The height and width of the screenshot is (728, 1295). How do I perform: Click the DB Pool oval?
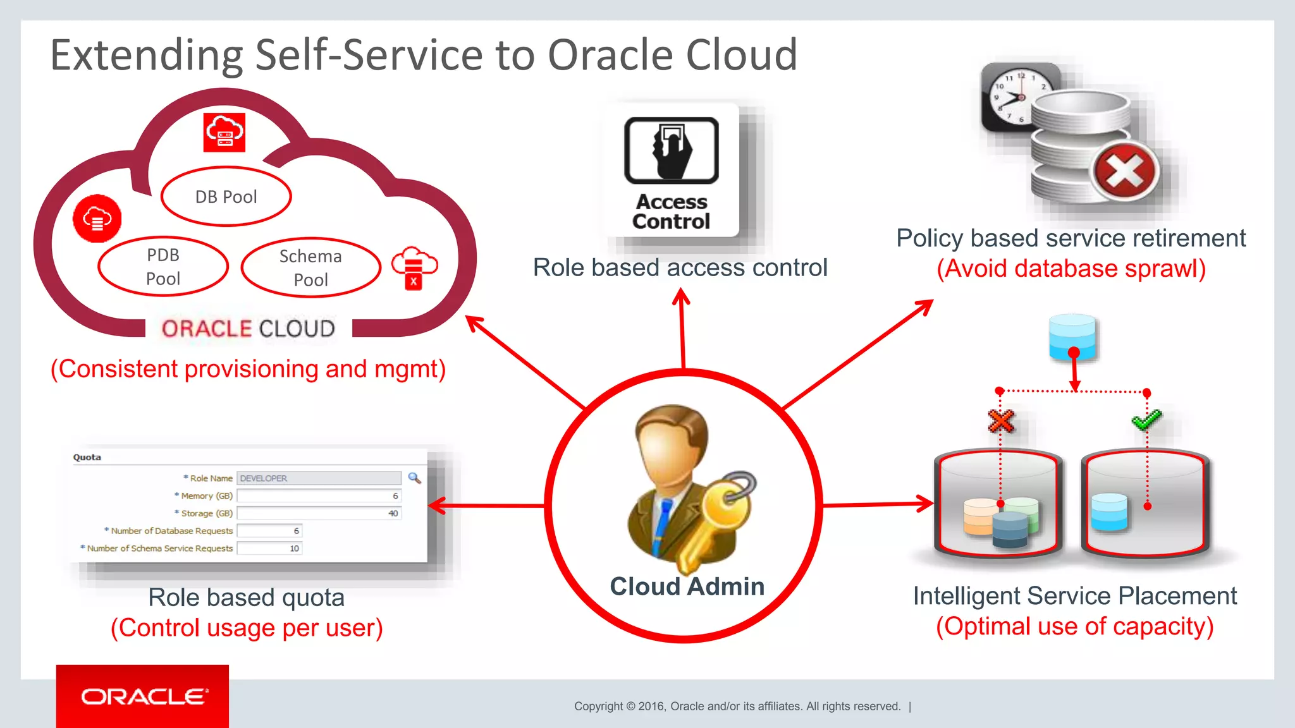(x=226, y=197)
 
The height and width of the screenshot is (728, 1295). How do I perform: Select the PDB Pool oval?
(x=163, y=267)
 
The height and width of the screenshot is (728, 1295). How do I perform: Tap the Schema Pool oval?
(x=310, y=267)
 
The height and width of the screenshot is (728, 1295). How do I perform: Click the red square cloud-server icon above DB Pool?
(x=224, y=133)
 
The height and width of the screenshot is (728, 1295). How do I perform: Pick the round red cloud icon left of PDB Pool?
(x=97, y=219)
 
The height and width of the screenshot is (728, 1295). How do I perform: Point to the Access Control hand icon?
(x=672, y=150)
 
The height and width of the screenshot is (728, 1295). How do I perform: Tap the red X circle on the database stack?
(x=1126, y=171)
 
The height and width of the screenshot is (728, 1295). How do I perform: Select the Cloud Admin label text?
(x=687, y=586)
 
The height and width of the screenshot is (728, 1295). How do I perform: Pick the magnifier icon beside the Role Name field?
(x=414, y=478)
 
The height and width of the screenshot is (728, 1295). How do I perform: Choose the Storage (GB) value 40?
(x=393, y=513)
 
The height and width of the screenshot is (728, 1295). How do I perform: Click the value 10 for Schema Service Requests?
(x=294, y=549)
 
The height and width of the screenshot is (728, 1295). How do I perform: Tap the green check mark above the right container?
(x=1146, y=419)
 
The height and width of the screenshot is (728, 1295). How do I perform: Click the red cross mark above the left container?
(x=1001, y=420)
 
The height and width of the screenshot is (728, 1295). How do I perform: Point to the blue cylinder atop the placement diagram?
(x=1072, y=336)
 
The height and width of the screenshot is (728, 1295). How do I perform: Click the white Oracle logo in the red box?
(x=144, y=696)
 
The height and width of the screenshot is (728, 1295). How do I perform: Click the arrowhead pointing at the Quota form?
(x=437, y=506)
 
